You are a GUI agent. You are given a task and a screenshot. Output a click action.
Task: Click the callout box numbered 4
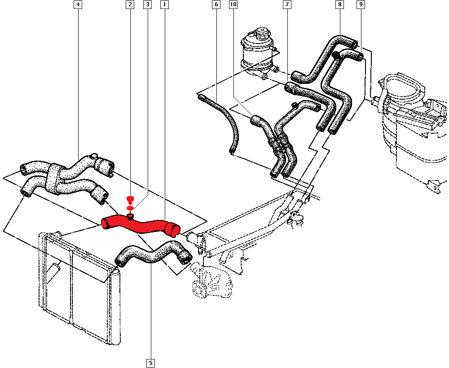[78, 4]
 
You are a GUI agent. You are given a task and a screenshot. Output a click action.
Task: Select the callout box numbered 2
[130, 4]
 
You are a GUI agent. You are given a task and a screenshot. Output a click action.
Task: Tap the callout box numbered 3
[147, 4]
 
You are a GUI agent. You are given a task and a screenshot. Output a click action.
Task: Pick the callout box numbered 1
[165, 4]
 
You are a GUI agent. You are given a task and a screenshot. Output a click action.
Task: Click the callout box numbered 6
[216, 4]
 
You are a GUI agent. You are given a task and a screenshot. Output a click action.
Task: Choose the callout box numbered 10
[233, 4]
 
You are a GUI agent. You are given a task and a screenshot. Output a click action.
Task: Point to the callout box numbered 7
[287, 4]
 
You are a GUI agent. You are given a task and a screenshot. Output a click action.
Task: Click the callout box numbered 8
[339, 4]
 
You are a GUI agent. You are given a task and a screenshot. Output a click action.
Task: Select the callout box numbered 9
[361, 4]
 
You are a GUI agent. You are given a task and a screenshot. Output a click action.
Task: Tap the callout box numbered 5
[150, 363]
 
